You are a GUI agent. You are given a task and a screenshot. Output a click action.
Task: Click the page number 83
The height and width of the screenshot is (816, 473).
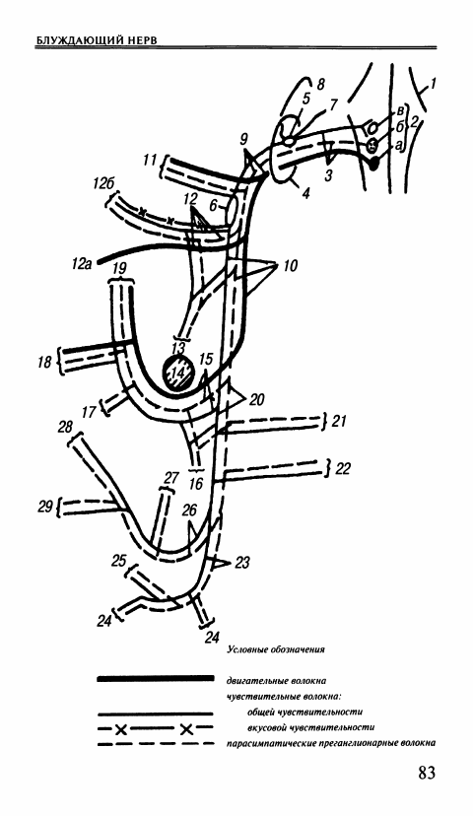click(426, 773)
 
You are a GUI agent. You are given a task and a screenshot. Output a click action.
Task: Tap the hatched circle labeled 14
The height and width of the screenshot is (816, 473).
click(179, 374)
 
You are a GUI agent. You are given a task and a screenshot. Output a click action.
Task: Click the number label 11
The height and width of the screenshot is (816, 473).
click(150, 161)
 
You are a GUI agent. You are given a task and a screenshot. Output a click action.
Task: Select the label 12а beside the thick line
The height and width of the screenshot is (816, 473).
click(83, 265)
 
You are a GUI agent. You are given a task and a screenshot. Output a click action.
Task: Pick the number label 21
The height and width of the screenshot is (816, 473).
click(338, 420)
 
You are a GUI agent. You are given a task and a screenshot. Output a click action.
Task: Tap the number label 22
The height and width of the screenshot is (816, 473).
click(342, 469)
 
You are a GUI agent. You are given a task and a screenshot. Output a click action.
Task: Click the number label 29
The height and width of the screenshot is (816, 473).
click(45, 506)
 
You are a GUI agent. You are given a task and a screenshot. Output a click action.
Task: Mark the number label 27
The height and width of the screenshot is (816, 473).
click(171, 478)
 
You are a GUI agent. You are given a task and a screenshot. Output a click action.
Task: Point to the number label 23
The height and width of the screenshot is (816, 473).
click(242, 562)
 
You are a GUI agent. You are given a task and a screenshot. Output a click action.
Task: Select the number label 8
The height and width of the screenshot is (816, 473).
click(320, 83)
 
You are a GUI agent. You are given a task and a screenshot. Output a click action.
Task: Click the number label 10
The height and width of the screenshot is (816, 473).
click(290, 266)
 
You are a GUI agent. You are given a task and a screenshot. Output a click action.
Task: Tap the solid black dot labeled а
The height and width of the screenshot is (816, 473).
click(374, 164)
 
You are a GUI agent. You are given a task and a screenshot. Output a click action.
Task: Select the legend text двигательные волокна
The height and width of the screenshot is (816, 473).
click(276, 680)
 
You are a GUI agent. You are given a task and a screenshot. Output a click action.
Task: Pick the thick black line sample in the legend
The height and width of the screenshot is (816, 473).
click(155, 678)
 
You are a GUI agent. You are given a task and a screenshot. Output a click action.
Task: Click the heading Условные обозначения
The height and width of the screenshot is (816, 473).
click(276, 649)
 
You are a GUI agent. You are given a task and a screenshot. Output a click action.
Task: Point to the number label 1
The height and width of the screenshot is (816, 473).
click(433, 82)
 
